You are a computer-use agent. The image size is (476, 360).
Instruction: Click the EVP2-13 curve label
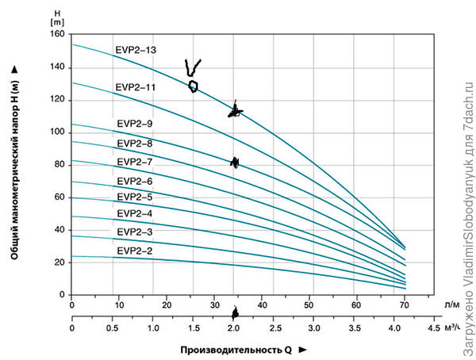(x=136, y=51)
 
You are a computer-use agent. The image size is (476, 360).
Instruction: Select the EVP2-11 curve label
(x=136, y=87)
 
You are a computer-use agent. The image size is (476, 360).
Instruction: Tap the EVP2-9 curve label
(x=136, y=124)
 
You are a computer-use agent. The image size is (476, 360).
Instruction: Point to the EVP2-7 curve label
(x=136, y=162)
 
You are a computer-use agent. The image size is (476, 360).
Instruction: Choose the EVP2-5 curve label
(x=136, y=197)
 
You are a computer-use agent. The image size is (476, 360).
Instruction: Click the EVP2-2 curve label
(x=136, y=251)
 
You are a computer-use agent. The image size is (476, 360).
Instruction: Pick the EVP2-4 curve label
(x=136, y=214)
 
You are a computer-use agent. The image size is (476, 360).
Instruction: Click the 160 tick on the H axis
(x=56, y=34)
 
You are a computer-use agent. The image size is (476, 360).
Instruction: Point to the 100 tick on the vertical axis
(x=56, y=132)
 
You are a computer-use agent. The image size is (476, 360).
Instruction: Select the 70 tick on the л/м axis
(x=405, y=304)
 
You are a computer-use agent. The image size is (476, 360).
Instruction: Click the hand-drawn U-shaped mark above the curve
(x=192, y=67)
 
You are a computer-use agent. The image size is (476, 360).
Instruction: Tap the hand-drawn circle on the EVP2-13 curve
(x=193, y=86)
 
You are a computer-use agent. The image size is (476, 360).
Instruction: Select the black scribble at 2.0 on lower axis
(x=234, y=315)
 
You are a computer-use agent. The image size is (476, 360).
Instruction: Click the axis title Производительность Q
(x=236, y=350)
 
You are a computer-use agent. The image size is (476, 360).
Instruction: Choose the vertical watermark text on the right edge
(x=466, y=180)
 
